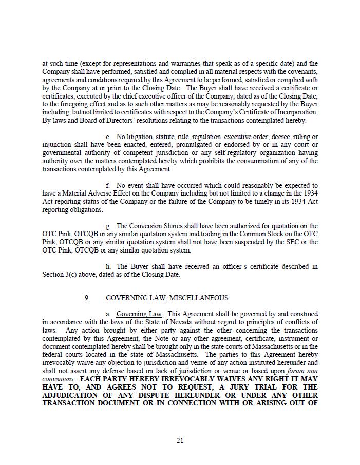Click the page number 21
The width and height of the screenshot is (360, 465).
pyautogui.click(x=180, y=440)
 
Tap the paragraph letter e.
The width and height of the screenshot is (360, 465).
pyautogui.click(x=108, y=137)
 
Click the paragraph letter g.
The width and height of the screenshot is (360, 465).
pyautogui.click(x=108, y=226)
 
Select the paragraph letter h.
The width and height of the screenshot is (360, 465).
pyautogui.click(x=108, y=267)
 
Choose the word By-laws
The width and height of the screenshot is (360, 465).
pyautogui.click(x=54, y=121)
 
